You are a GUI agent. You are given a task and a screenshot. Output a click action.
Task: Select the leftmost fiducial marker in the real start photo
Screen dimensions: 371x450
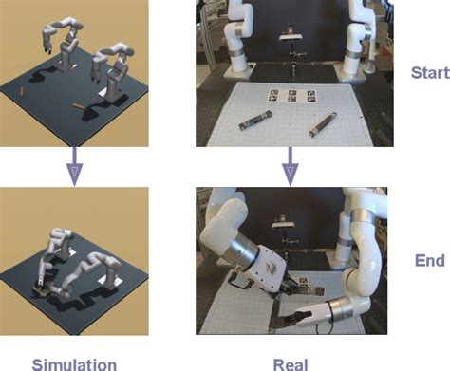pyautogui.click(x=270, y=94)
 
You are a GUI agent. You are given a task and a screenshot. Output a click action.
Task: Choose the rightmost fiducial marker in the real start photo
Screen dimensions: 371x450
pyautogui.click(x=311, y=96)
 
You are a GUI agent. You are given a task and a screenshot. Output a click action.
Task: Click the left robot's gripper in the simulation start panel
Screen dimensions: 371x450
pyautogui.click(x=46, y=43)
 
